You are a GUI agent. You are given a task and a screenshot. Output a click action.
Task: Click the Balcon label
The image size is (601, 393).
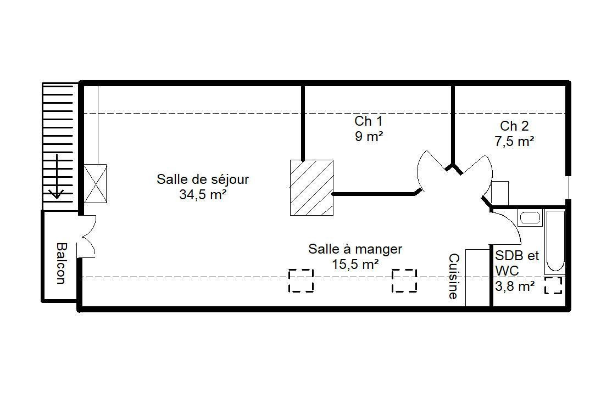click(60, 263)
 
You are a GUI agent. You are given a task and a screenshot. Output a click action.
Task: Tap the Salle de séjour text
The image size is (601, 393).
click(203, 179)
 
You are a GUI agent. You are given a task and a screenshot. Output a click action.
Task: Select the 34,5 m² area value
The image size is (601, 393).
click(203, 195)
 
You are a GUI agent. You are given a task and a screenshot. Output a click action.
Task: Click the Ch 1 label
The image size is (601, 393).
click(368, 121)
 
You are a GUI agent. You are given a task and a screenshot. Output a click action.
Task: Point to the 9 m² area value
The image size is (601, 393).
click(369, 136)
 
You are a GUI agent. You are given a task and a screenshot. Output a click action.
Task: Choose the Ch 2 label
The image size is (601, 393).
click(514, 126)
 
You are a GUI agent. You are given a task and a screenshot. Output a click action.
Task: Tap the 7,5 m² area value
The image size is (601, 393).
click(514, 142)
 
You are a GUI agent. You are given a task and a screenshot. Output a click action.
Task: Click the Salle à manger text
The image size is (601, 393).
click(355, 249)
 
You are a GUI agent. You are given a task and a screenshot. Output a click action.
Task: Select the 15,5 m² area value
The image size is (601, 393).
click(355, 265)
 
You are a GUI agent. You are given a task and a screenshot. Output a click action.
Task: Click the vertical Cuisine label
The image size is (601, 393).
click(453, 276)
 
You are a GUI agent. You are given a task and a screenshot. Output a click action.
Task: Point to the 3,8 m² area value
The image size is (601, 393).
click(515, 286)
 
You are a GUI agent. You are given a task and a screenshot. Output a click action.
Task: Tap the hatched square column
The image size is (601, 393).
click(311, 188)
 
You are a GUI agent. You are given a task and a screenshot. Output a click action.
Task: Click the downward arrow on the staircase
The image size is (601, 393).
click(57, 176)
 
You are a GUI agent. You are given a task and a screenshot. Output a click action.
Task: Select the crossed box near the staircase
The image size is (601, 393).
click(95, 183)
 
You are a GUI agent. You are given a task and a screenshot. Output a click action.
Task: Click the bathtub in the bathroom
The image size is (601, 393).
click(555, 242)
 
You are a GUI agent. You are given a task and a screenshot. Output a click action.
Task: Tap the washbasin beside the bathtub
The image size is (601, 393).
click(530, 218)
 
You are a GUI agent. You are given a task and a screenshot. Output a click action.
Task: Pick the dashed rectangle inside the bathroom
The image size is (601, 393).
click(553, 286)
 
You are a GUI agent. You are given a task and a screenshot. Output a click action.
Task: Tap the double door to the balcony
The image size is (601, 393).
click(87, 236)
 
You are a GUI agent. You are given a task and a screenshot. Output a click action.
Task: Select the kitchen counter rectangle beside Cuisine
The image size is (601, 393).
click(477, 278)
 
